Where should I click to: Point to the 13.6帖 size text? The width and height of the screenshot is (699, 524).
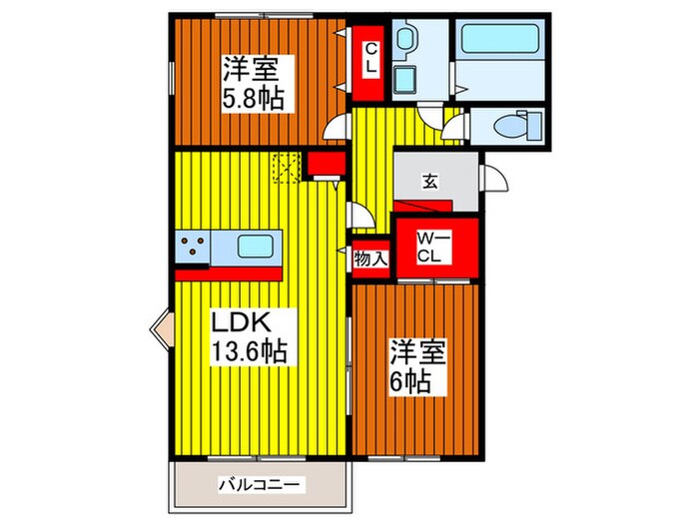(249, 352)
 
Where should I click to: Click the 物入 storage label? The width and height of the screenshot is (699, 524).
(371, 259)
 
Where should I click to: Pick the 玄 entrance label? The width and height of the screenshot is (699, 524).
(428, 182)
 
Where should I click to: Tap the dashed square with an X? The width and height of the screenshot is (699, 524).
(288, 168)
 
